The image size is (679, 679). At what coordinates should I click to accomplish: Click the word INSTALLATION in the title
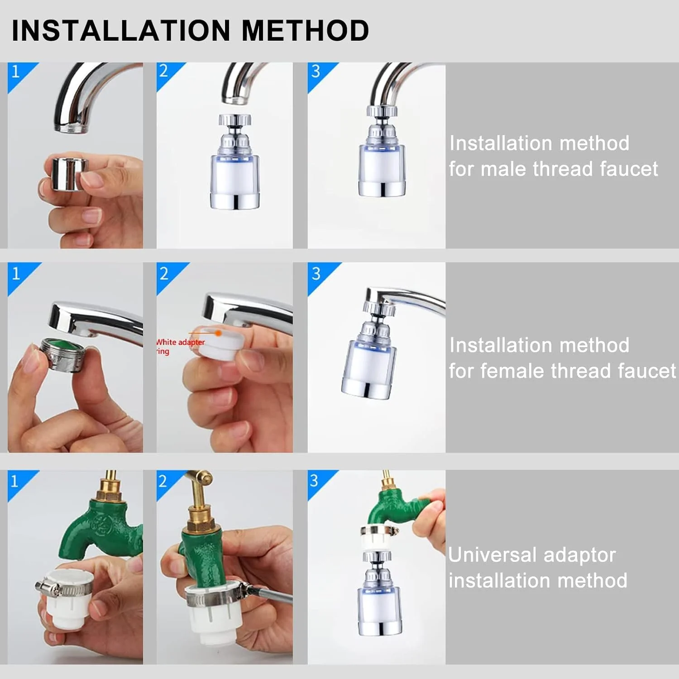121,31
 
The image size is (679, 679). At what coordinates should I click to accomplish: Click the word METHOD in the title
306,31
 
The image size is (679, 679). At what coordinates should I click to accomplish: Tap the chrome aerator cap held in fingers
68,173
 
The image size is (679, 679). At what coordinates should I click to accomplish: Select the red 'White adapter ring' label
180,346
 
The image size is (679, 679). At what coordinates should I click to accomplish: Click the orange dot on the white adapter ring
218,333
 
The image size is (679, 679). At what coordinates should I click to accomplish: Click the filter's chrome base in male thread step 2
235,201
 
